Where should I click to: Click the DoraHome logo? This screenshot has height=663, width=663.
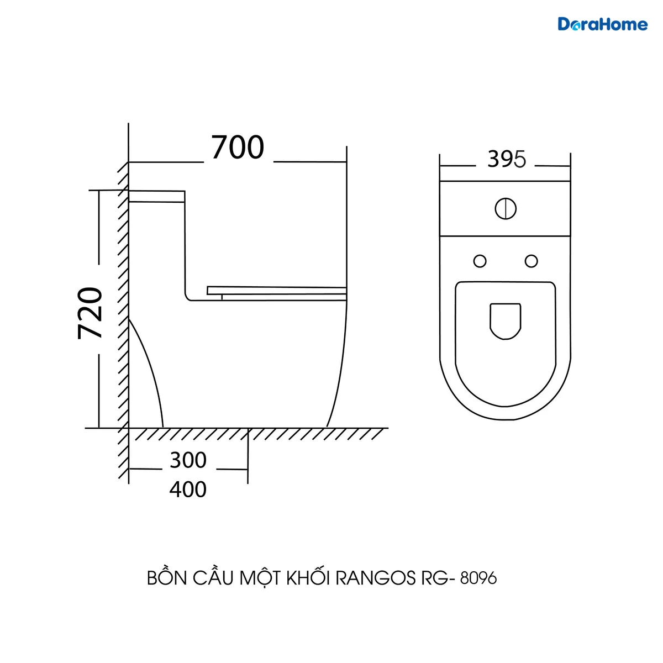[602, 24]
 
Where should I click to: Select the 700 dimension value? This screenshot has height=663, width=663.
[238, 148]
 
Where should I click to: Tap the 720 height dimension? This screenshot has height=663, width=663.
[90, 313]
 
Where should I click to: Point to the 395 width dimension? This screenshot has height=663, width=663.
[507, 159]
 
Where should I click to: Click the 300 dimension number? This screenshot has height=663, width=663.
[188, 460]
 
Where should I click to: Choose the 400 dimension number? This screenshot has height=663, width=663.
[188, 490]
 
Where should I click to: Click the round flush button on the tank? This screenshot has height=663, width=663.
[506, 208]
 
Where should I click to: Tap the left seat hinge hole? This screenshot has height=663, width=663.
[480, 261]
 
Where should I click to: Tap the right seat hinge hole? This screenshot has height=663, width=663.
[531, 261]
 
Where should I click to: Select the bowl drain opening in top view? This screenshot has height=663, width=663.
[506, 322]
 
